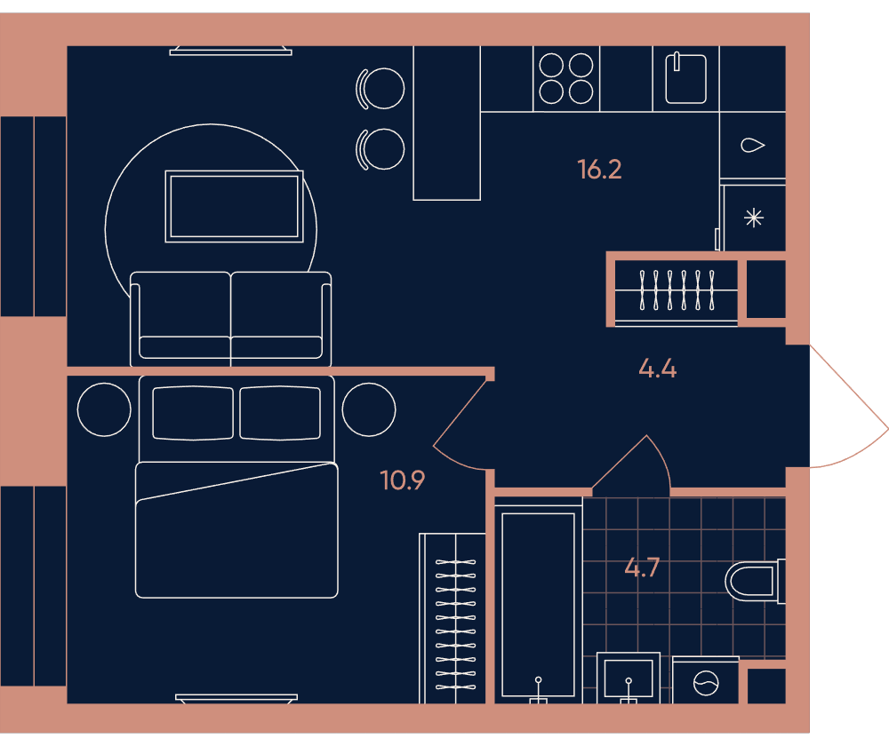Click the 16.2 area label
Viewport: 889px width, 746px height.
coord(599,170)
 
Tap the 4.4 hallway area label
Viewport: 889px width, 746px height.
coord(658,369)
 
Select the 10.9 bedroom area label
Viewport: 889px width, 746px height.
coord(402,480)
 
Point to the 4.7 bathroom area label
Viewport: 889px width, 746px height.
coord(642,567)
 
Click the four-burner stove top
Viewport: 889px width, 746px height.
coord(565,78)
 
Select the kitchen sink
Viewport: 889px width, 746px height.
coord(685,78)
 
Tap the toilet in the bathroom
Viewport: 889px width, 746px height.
coord(755,581)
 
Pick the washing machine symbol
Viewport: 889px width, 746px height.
coord(706,682)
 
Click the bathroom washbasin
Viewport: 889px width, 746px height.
coord(629,678)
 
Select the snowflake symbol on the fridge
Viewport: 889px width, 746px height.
coord(754,218)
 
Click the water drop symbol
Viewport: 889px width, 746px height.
coord(752,146)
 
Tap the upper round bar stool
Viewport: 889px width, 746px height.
coord(380,88)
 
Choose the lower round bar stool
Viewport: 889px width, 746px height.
coord(380,149)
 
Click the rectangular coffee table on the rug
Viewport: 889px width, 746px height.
coord(234,206)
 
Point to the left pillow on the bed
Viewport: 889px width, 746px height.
coord(193,413)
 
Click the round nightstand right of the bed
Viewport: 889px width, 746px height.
coord(369,409)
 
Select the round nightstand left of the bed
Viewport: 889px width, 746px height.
coord(104,409)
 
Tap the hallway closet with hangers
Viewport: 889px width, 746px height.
coord(677,290)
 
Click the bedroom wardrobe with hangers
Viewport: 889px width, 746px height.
coord(453,618)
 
